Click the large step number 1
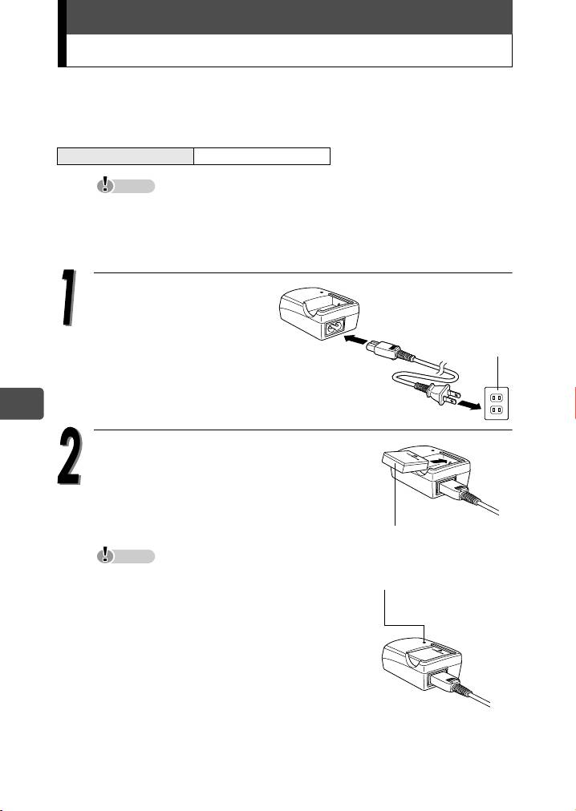67,298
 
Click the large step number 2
69,456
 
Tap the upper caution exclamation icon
106,184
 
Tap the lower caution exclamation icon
106,555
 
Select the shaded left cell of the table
125,156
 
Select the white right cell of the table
262,156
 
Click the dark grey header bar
289,17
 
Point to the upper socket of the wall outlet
497,397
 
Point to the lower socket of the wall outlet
497,410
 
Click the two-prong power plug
442,397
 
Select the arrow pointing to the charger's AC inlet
354,339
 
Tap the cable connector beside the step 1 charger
384,349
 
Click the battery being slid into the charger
404,463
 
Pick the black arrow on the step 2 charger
440,458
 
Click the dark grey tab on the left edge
22,404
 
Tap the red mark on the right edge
574,402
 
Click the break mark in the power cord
440,368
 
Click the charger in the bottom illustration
422,663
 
